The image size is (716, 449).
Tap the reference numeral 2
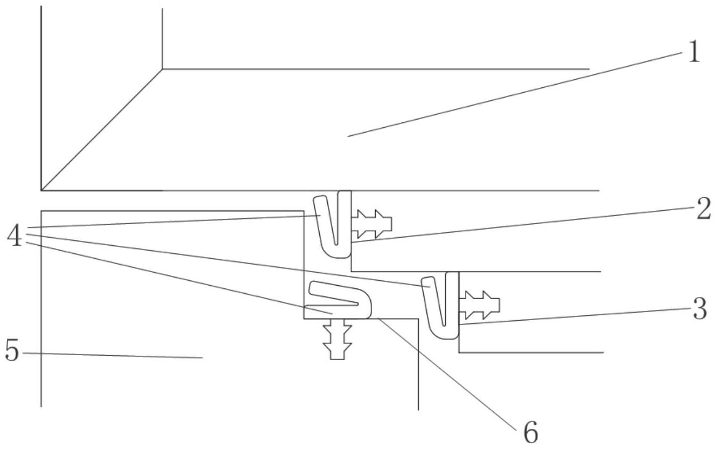click(x=704, y=209)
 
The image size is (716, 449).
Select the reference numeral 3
click(x=700, y=308)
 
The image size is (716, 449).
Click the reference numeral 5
click(x=12, y=350)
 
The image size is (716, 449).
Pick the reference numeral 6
click(x=531, y=432)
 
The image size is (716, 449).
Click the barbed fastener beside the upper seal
click(x=371, y=224)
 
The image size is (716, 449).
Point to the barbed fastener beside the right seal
click(x=479, y=305)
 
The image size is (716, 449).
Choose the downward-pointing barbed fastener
click(x=338, y=339)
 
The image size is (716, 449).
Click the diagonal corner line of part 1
click(x=102, y=129)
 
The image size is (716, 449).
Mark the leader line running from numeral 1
click(x=515, y=94)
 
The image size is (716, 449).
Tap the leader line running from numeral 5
click(x=113, y=356)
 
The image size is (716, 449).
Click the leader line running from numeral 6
click(x=447, y=374)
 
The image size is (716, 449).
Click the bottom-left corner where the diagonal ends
click(x=41, y=190)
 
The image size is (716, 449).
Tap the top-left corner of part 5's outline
click(x=41, y=211)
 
